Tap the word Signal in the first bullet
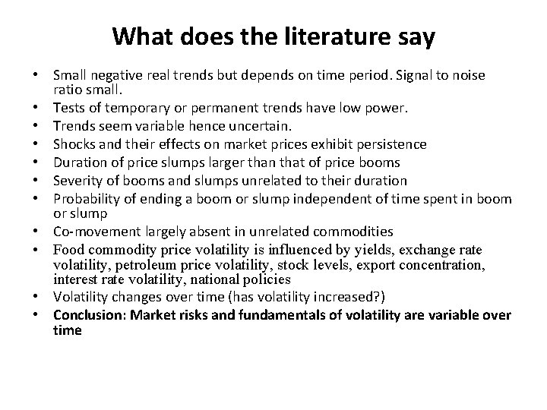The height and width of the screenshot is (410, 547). click(x=397, y=76)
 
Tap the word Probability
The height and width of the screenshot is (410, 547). click(x=87, y=200)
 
